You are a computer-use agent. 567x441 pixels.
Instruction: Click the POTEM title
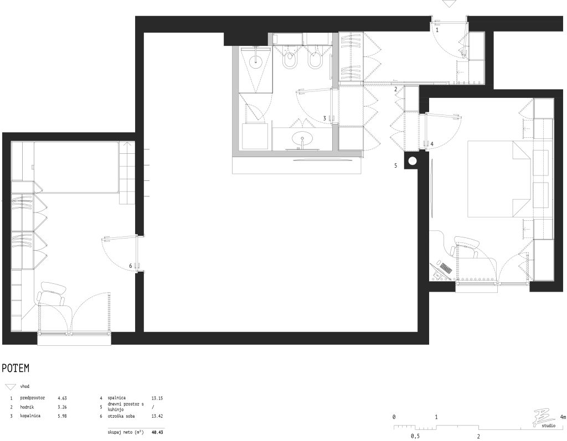16,369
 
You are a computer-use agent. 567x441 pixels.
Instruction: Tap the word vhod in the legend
24,386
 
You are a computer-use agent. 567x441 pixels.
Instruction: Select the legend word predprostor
33,398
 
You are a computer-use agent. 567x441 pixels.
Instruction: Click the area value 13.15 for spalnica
157,398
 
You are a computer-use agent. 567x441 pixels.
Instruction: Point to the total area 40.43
157,432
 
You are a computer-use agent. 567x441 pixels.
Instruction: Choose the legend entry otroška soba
121,416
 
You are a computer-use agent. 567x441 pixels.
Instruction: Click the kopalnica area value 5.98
62,416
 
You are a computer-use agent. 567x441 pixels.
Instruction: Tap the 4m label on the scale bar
563,417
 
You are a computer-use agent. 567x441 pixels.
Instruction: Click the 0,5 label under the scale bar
415,436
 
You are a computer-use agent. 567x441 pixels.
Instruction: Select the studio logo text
549,426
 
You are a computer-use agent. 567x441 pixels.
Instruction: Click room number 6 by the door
131,266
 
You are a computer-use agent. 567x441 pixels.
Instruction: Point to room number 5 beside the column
395,165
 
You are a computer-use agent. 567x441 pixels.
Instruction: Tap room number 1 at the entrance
437,30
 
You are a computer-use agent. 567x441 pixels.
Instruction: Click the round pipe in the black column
413,161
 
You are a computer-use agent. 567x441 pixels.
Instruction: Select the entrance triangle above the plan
449,4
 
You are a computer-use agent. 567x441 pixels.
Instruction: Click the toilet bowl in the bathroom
290,60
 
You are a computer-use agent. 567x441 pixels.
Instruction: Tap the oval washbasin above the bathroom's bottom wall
303,138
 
